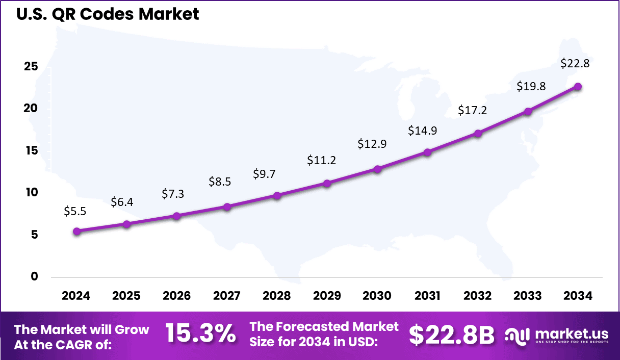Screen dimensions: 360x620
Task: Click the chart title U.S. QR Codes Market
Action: click(108, 14)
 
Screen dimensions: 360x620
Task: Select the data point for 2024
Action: click(77, 231)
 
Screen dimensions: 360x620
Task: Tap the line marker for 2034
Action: click(578, 87)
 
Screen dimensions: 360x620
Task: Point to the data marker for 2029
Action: click(327, 183)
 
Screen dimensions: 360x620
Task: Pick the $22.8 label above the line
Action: click(575, 64)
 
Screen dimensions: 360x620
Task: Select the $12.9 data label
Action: click(372, 144)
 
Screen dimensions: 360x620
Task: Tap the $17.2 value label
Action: click(473, 110)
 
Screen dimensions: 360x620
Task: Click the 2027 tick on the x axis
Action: click(226, 296)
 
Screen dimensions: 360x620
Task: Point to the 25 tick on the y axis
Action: click(32, 67)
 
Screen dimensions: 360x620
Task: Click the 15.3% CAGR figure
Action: click(200, 335)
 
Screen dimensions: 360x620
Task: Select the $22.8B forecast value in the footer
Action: click(451, 335)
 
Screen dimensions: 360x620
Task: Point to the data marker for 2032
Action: click(478, 134)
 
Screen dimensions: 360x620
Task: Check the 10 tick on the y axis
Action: click(32, 193)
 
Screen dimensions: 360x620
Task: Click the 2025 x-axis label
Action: click(126, 296)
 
